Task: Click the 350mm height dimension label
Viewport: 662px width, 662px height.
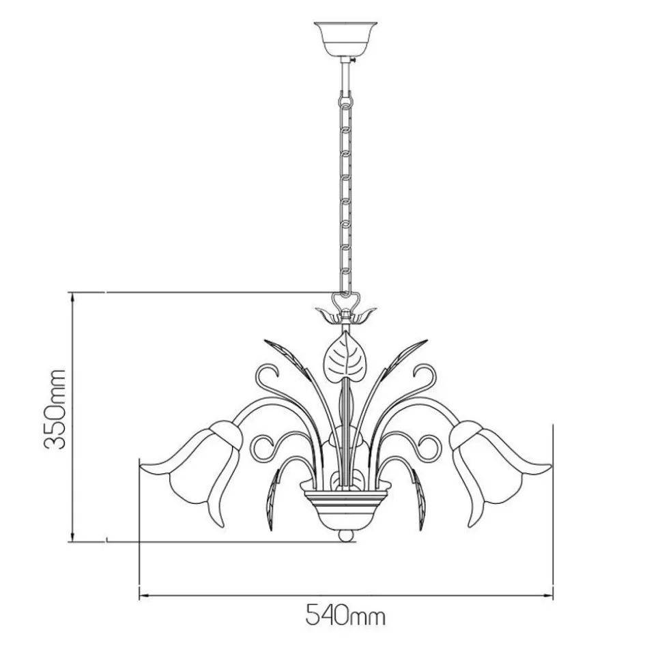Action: point(55,409)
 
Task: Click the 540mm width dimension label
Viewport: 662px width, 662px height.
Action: point(345,616)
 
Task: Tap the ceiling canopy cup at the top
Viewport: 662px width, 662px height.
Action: point(346,40)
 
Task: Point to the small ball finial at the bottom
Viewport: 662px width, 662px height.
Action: point(346,536)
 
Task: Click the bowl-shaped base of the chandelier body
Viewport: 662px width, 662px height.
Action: point(346,507)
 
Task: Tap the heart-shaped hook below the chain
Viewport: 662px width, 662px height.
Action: point(346,301)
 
